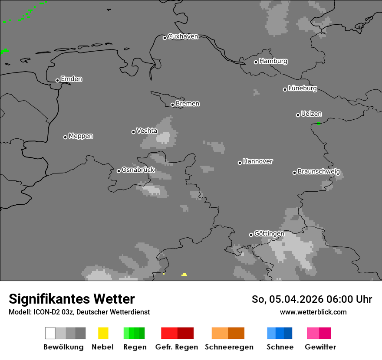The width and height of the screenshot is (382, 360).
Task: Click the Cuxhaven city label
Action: [x=183, y=36]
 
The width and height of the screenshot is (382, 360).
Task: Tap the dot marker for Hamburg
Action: [x=256, y=62]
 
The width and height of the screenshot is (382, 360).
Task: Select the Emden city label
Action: [x=71, y=79]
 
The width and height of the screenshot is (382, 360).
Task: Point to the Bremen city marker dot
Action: [x=172, y=105]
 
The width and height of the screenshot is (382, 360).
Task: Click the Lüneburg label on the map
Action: [x=303, y=88]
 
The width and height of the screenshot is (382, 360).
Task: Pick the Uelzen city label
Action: [x=311, y=114]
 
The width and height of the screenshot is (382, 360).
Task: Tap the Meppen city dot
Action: [x=65, y=137]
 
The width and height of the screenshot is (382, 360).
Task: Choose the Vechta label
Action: [x=147, y=131]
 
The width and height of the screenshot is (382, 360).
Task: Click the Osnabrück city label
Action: [x=138, y=170]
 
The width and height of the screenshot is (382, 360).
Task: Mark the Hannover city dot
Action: [x=240, y=163]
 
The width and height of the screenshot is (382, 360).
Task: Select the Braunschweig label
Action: [x=319, y=172]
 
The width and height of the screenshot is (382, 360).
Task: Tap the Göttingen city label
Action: [x=269, y=234]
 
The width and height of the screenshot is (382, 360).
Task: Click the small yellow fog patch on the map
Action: [x=184, y=275]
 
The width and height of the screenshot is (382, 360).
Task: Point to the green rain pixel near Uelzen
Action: [x=319, y=123]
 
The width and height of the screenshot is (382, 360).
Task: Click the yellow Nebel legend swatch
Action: [x=103, y=333]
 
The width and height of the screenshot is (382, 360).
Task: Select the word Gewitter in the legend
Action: [x=320, y=347]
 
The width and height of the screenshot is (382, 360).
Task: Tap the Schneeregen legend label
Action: [x=229, y=347]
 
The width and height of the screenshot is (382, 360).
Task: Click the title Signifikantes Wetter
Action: [x=72, y=299]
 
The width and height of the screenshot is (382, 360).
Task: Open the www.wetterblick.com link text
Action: [x=313, y=312]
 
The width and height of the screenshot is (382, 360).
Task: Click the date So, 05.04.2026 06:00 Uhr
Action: [x=312, y=299]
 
